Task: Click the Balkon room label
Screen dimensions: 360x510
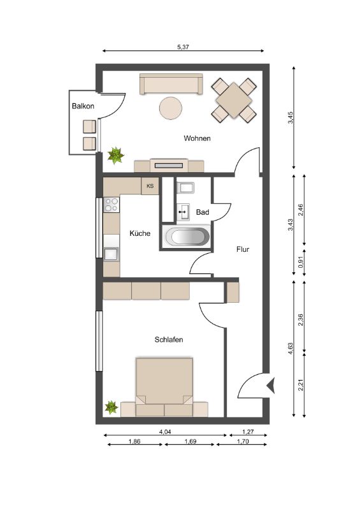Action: [x=83, y=106]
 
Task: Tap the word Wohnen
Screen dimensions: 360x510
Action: [x=197, y=138]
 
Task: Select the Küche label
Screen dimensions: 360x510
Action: [x=140, y=233]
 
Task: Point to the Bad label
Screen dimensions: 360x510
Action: [x=202, y=212]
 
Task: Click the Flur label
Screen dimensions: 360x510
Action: [x=243, y=249]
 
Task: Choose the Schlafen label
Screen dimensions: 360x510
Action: [x=169, y=340]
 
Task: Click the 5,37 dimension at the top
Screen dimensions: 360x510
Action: [x=183, y=47]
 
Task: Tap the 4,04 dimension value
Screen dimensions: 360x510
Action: [x=165, y=432]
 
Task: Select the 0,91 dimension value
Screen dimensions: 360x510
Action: [x=301, y=263]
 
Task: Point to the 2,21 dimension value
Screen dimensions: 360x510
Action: [x=301, y=386]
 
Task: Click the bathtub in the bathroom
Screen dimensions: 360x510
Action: [x=187, y=236]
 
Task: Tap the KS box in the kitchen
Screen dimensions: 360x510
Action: [x=150, y=186]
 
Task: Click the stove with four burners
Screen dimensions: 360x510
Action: [x=112, y=205]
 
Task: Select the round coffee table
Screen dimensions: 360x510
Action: [x=170, y=108]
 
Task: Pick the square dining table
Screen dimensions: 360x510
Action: [x=233, y=100]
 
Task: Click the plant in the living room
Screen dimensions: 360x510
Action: [x=116, y=155]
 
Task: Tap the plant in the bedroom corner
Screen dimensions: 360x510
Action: [x=112, y=407]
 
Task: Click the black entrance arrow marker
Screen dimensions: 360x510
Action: [x=271, y=386]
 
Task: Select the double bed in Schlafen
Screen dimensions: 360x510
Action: [x=164, y=387]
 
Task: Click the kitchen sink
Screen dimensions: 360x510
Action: [x=111, y=254]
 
